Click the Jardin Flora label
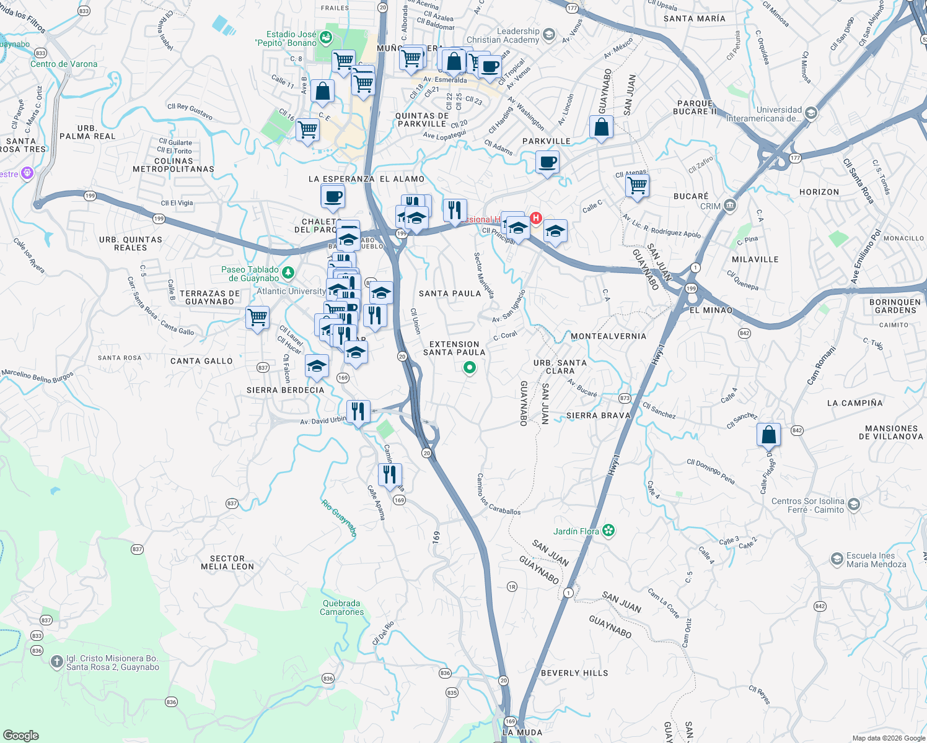[x=576, y=531]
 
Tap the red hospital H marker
[x=536, y=219]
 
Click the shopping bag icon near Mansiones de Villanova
[x=768, y=434]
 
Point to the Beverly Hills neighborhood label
[x=574, y=673]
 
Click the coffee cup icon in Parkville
[x=547, y=163]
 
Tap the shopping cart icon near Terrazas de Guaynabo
[x=257, y=317]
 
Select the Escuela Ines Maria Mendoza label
[x=876, y=560]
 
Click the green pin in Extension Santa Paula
[x=470, y=368]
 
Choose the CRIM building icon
[x=730, y=206]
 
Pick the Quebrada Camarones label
[x=341, y=607]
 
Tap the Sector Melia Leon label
[x=227, y=562]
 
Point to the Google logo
[x=20, y=736]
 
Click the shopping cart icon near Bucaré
[x=637, y=185]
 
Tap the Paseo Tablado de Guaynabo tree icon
[x=288, y=272]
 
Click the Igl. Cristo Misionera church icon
[x=56, y=662]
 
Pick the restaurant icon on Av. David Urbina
[x=358, y=411]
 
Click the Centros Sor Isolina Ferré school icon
[x=853, y=505]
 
